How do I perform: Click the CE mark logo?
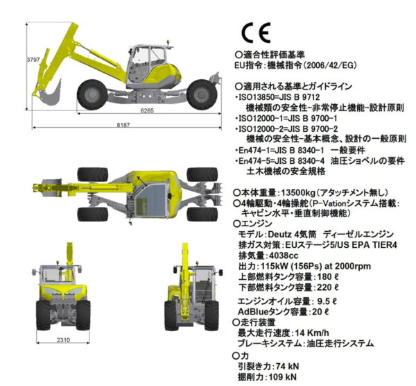pyautogui.click(x=256, y=33)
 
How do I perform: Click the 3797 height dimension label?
pyautogui.click(x=33, y=60)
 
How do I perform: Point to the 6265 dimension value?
pyautogui.click(x=147, y=110)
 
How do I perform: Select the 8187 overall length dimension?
pyautogui.click(x=123, y=125)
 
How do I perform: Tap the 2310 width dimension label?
pyautogui.click(x=63, y=339)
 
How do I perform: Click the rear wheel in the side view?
pyautogui.click(x=202, y=95)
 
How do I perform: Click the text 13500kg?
pyautogui.click(x=297, y=192)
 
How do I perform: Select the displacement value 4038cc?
pyautogui.click(x=284, y=255)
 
